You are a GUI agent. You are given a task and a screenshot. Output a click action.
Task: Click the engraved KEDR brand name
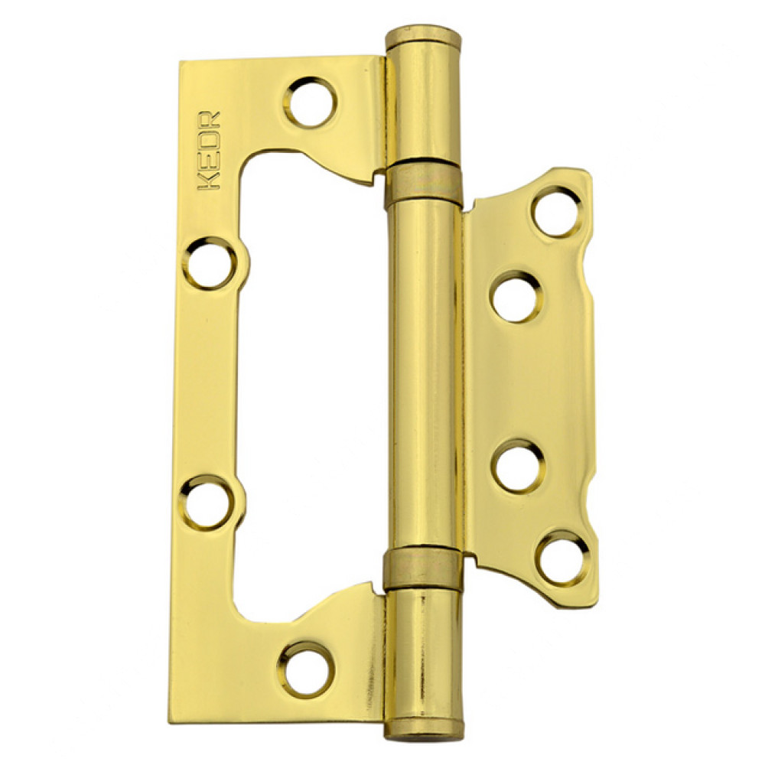(209, 151)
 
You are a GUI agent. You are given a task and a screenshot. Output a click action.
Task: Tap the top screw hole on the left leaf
(311, 103)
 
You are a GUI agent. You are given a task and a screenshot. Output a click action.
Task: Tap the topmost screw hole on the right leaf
(556, 213)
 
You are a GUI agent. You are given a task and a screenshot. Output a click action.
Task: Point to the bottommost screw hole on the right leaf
(561, 558)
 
